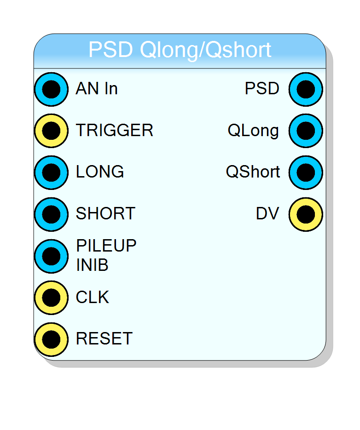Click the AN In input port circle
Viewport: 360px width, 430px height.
(52, 89)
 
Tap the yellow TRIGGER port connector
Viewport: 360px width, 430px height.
(52, 131)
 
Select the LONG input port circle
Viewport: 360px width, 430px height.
(52, 172)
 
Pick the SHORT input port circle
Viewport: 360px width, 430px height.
(52, 214)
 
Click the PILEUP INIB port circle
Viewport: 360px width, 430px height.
(52, 256)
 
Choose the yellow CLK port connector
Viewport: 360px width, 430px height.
(52, 298)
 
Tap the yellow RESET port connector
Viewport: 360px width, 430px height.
(52, 339)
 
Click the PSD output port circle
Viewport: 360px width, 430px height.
(306, 89)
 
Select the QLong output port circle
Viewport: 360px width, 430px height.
(306, 131)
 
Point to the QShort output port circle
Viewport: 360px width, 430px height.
(306, 172)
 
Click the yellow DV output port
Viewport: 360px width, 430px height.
(306, 214)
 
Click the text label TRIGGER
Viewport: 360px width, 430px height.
(115, 130)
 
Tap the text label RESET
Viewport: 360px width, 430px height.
(105, 338)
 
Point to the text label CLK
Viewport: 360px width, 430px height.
(93, 297)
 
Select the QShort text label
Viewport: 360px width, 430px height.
(253, 172)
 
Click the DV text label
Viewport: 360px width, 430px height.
(267, 213)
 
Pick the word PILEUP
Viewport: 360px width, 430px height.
(106, 246)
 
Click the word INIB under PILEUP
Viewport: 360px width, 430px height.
(92, 265)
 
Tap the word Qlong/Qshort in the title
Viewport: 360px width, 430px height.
(206, 50)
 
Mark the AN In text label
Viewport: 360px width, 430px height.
(97, 88)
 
